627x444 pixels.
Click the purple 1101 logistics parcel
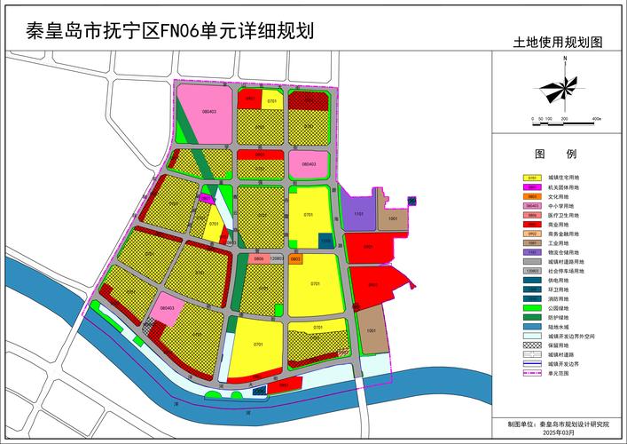357,215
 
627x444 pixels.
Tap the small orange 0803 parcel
295,259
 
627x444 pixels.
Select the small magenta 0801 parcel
206,199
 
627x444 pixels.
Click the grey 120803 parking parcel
277,258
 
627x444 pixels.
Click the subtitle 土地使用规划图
558,42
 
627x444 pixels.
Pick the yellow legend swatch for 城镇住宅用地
532,178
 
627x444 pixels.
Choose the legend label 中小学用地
563,206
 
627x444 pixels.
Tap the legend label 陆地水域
563,328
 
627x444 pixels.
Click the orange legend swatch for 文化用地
532,196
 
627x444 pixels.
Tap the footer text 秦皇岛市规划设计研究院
572,424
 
